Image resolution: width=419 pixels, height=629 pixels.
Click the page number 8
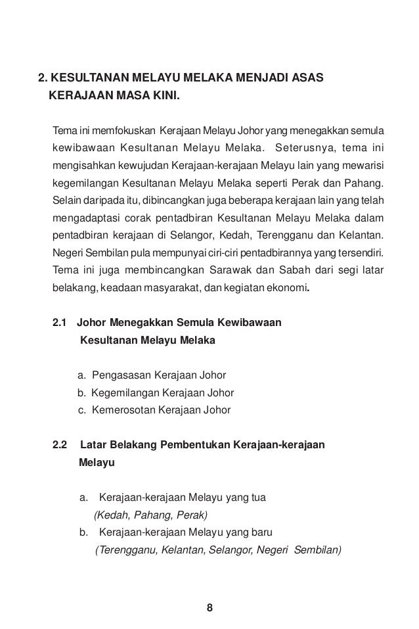click(209, 606)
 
